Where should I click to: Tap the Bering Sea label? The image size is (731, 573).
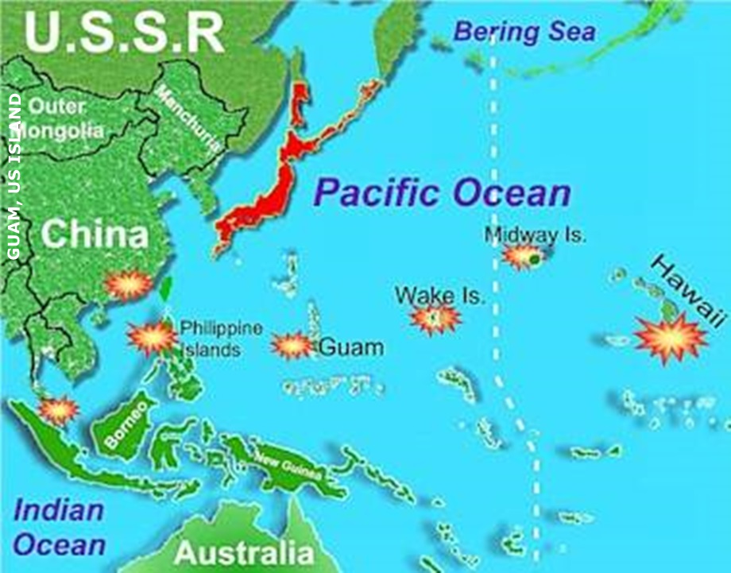pyautogui.click(x=524, y=32)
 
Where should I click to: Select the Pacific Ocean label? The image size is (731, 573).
pyautogui.click(x=442, y=193)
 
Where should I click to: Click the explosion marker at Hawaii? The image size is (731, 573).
pyautogui.click(x=670, y=337)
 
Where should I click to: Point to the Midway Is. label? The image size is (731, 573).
pyautogui.click(x=535, y=235)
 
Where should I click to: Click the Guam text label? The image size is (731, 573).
pyautogui.click(x=350, y=347)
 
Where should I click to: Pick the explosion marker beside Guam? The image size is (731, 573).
pyautogui.click(x=292, y=346)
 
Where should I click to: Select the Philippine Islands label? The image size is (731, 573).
pyautogui.click(x=210, y=339)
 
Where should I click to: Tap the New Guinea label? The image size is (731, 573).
pyautogui.click(x=288, y=466)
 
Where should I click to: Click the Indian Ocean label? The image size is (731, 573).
pyautogui.click(x=60, y=528)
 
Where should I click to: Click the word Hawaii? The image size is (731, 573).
pyautogui.click(x=689, y=290)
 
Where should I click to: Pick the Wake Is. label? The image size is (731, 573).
pyautogui.click(x=439, y=296)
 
